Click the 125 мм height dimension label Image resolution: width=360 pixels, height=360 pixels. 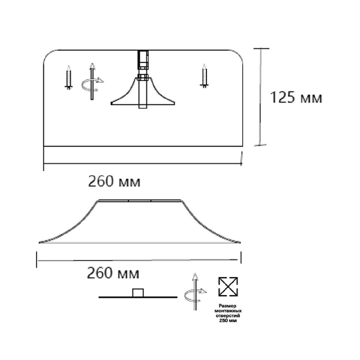(296, 98)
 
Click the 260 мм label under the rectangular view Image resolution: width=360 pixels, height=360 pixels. (114, 181)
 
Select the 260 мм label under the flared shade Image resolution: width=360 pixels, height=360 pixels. (113, 273)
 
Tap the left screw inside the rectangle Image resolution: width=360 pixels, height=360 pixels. (68, 77)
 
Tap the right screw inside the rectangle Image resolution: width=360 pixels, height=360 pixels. (204, 76)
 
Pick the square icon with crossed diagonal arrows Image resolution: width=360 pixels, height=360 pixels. (228, 287)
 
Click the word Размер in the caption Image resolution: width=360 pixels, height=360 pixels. (227, 306)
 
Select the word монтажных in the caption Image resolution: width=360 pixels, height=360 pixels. (228, 311)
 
